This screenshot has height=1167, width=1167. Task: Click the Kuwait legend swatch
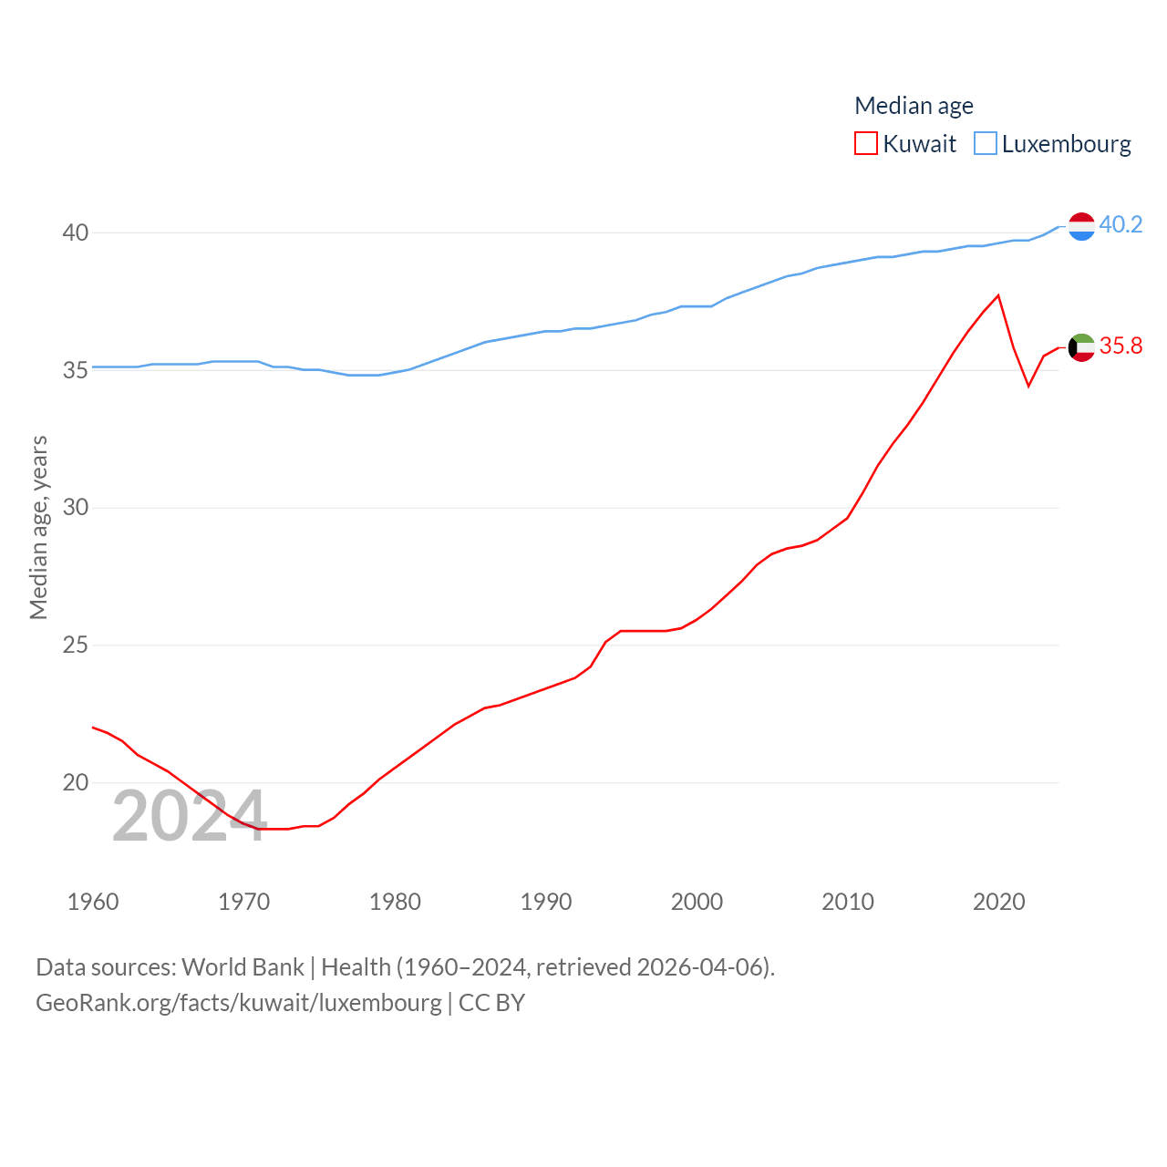pos(865,144)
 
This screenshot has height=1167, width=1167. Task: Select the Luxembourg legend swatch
pos(986,144)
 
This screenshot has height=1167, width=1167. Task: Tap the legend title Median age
pos(914,106)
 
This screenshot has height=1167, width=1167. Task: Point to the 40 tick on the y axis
pos(76,232)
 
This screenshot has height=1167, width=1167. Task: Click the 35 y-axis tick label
pos(76,370)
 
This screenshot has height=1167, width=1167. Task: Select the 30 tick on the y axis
pos(76,508)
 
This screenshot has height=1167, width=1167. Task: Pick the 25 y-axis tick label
pos(76,645)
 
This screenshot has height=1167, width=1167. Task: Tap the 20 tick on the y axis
pos(76,782)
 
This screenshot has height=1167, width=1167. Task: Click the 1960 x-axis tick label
pos(93,902)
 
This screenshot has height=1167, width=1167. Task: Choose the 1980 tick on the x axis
pos(395,902)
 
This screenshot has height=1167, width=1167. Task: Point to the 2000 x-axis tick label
pos(697,902)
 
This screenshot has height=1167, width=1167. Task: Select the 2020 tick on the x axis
pos(998,902)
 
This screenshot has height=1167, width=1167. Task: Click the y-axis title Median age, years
pos(38,527)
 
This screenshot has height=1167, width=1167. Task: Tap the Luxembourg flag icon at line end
pos(1081,225)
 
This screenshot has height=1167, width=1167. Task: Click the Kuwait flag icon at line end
pos(1081,347)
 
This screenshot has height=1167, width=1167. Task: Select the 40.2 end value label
pos(1121,224)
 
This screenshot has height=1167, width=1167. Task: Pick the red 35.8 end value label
pos(1121,346)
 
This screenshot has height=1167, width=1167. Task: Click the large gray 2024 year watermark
pos(189,816)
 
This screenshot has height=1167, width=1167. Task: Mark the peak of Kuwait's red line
pos(998,295)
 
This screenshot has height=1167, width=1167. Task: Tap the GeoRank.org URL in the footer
pos(239,1003)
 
